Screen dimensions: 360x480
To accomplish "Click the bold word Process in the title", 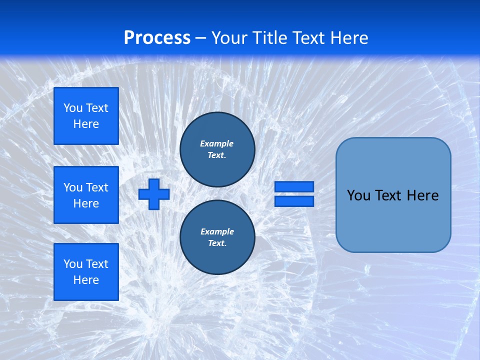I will tap(157, 38).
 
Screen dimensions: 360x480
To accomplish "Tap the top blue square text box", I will tap(86, 116).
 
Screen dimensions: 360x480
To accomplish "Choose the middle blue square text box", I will tap(86, 195).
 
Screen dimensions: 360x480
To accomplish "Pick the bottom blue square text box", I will tap(86, 272).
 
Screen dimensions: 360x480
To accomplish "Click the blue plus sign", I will tap(154, 194).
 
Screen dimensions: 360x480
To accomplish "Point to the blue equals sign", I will tap(294, 194).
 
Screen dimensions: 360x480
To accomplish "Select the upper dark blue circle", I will tap(217, 149).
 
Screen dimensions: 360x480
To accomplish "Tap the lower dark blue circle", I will tap(217, 237).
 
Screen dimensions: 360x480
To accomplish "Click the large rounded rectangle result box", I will tap(393, 195).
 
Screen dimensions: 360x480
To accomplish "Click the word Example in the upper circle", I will tap(217, 143).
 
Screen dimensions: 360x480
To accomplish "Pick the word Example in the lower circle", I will tap(217, 231).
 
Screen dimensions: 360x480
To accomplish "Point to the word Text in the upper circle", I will tap(216, 155).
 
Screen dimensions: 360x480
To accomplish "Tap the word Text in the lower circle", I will tap(216, 243).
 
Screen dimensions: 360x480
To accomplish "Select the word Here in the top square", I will tap(86, 124).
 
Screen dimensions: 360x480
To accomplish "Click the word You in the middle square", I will tap(73, 187).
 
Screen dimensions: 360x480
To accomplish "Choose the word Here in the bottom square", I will tap(86, 280).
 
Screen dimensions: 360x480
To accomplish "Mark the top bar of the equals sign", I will tap(294, 187).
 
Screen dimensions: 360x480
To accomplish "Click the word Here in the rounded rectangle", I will tap(422, 195).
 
